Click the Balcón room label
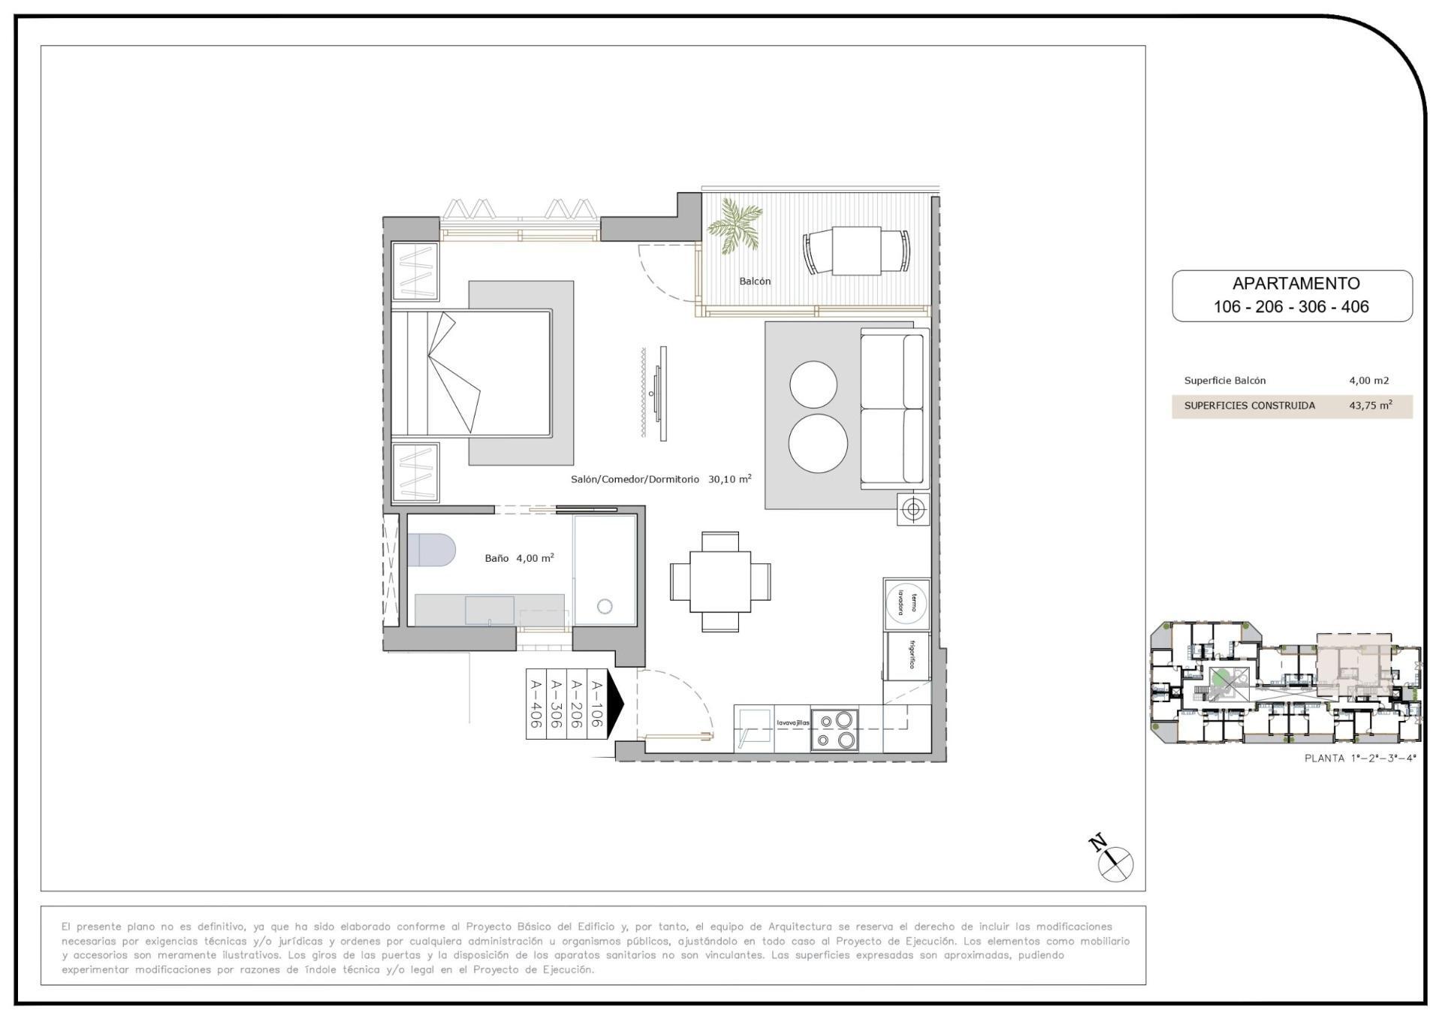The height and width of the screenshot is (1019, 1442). (x=755, y=282)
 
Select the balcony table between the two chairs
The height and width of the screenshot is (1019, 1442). (x=856, y=251)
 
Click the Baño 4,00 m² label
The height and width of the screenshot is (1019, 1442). (x=519, y=558)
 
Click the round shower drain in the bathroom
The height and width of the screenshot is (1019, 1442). (x=605, y=606)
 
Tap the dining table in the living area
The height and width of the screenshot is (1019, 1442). (x=719, y=582)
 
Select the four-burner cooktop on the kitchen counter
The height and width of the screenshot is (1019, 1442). (x=834, y=730)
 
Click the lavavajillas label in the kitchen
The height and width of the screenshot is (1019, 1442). (x=792, y=723)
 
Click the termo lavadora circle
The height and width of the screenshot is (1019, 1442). (x=907, y=603)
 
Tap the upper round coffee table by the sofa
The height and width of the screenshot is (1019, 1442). (x=813, y=384)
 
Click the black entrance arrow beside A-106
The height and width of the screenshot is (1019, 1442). (x=615, y=704)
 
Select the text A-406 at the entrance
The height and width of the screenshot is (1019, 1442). (x=536, y=704)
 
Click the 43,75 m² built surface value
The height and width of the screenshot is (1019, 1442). (x=1370, y=405)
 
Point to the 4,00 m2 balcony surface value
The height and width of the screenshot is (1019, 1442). (x=1368, y=381)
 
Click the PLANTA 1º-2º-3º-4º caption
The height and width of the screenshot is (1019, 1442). (x=1359, y=758)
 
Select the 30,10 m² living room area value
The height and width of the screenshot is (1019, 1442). (x=729, y=479)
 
